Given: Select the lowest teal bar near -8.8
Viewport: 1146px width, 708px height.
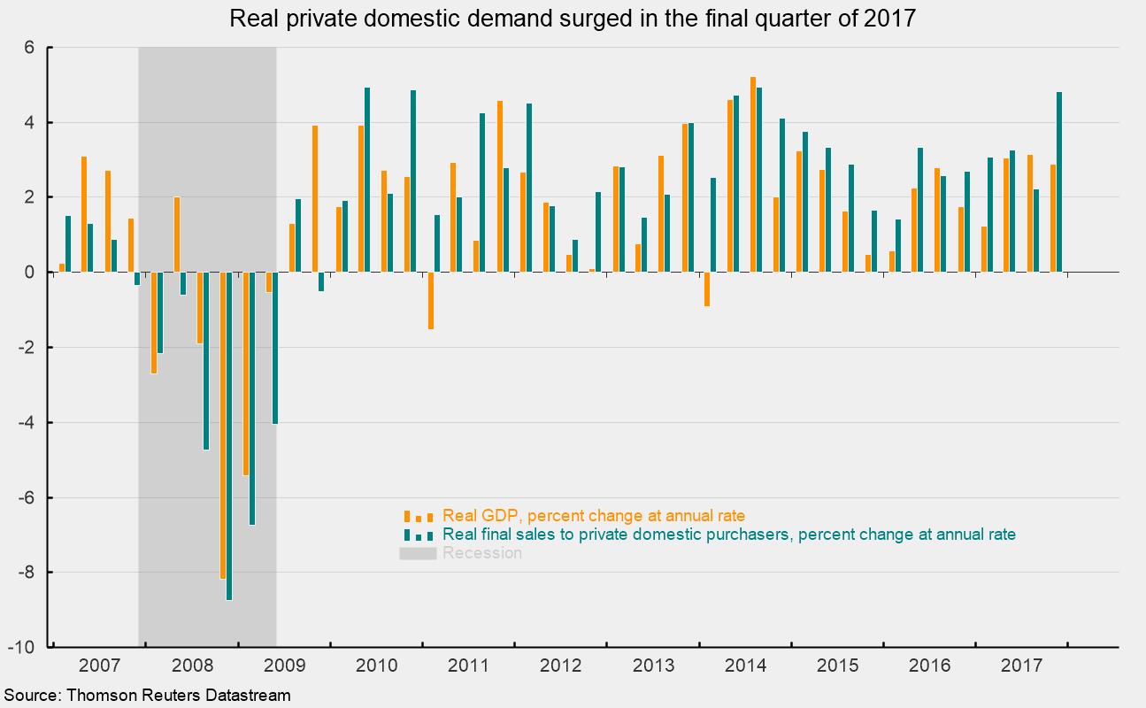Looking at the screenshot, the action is pos(229,435).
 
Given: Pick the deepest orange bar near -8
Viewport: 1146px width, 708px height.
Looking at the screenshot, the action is pos(223,425).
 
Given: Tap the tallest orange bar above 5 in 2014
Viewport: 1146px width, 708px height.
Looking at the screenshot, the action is pos(753,174).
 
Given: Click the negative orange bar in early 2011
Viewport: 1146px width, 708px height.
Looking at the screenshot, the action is pos(431,300).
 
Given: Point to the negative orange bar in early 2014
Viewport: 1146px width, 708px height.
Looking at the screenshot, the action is pos(707,289).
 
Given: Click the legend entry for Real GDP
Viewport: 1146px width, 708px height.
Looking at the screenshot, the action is pos(594,516).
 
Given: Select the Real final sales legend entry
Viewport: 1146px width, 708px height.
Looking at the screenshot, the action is pos(729,535).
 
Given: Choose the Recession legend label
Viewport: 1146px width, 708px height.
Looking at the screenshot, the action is pos(482,553).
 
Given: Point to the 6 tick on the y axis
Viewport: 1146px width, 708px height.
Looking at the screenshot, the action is pos(29,48).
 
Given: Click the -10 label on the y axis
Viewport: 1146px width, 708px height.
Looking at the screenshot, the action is pos(21,647).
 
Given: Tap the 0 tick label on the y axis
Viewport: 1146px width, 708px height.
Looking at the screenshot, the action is pos(29,273).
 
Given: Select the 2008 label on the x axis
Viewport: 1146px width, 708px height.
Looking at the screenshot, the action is pos(192,666).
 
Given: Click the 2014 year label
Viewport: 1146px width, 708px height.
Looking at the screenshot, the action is pos(745,666).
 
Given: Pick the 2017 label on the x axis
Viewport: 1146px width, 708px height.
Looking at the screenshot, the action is pos(1022,666).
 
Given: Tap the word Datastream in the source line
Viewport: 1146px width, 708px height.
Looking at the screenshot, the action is pos(248,696).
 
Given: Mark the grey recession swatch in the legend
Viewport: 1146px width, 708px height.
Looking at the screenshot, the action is pos(418,553).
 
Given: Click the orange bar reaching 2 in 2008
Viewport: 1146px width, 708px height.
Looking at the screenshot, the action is pos(177,235).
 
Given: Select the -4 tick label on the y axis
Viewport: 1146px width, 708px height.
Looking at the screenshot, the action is pos(26,422).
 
